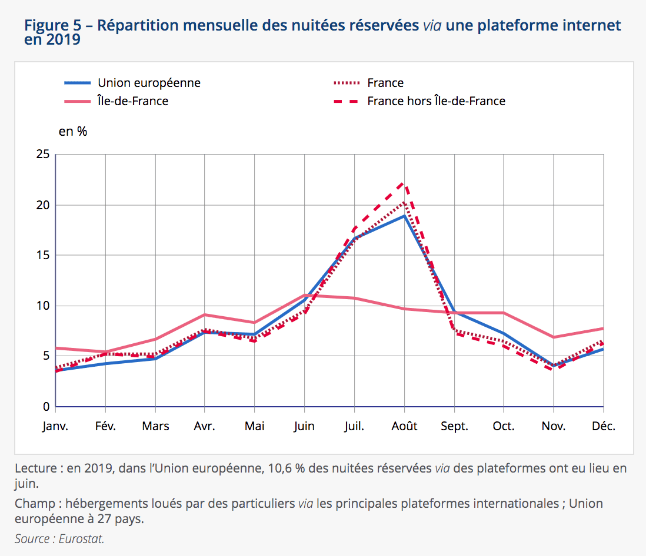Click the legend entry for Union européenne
pyautogui.click(x=149, y=83)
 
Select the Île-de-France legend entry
pyautogui.click(x=133, y=101)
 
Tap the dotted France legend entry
pyautogui.click(x=385, y=83)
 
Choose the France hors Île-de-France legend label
pyautogui.click(x=436, y=101)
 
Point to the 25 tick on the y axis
pyautogui.click(x=43, y=155)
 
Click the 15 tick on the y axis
pyautogui.click(x=43, y=256)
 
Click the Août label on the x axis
pyautogui.click(x=404, y=426)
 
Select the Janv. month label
pyautogui.click(x=55, y=426)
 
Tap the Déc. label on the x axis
pyautogui.click(x=603, y=426)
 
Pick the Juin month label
pyautogui.click(x=304, y=426)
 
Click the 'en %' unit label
pyautogui.click(x=73, y=132)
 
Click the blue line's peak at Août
pyautogui.click(x=404, y=216)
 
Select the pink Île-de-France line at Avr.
pyautogui.click(x=205, y=314)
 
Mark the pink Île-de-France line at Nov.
pyautogui.click(x=554, y=337)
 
